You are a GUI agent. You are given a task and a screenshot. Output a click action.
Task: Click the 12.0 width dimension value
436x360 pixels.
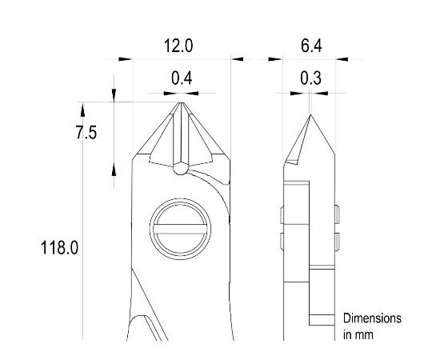point(178,46)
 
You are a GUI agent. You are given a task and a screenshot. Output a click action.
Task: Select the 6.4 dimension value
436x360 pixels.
point(311,46)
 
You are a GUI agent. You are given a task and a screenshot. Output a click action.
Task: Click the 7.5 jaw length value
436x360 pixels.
point(86,134)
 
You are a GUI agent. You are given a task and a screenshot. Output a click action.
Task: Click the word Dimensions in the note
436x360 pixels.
point(372,318)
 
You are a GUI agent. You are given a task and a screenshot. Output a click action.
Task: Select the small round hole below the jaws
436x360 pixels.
point(181,169)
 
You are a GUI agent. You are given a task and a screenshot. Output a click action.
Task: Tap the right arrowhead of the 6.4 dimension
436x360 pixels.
point(342,58)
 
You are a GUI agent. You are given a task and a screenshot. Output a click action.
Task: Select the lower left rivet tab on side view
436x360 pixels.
point(282,241)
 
